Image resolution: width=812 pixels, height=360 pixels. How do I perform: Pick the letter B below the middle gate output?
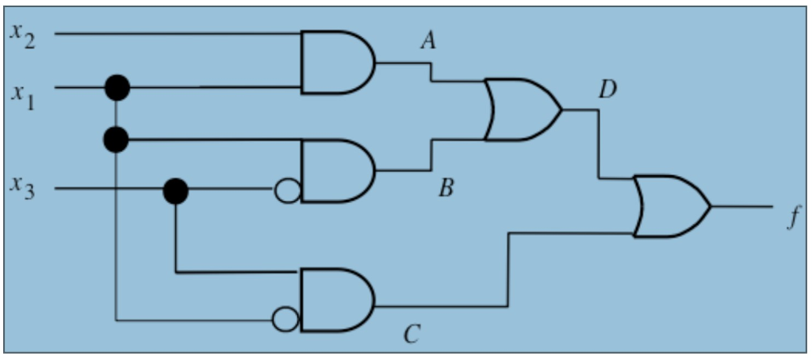click(446, 189)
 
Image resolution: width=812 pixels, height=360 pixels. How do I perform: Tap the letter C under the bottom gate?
click(410, 334)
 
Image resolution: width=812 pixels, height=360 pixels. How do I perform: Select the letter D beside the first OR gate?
click(607, 89)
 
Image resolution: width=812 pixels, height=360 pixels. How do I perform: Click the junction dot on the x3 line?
click(175, 190)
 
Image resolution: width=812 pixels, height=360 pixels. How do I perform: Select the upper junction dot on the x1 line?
click(117, 86)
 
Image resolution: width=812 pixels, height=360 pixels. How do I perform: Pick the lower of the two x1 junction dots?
click(116, 140)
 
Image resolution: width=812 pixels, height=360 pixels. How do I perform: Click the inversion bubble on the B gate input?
click(287, 190)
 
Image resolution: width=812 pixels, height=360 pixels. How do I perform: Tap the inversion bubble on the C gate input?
click(285, 320)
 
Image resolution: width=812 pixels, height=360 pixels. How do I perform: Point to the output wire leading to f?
click(741, 206)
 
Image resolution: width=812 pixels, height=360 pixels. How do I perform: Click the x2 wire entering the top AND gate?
click(174, 34)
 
